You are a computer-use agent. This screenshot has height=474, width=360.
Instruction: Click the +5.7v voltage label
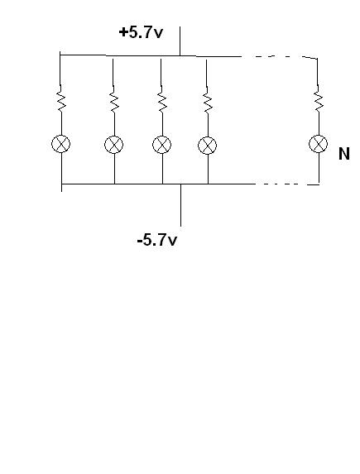tap(141, 32)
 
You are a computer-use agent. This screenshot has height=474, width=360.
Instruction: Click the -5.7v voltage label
tap(157, 241)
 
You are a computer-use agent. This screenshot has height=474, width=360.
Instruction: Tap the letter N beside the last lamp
tap(344, 154)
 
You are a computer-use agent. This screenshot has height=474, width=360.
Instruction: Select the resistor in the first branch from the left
tap(61, 98)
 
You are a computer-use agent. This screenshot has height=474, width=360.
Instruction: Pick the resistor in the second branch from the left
tap(114, 99)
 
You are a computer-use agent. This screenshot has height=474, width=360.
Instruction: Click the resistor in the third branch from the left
tap(162, 99)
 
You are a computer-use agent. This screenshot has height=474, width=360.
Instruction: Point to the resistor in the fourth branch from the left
tap(207, 100)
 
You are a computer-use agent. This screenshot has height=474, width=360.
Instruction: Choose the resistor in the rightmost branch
tap(319, 98)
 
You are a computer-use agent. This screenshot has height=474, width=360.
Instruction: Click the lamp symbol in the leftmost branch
tap(60, 144)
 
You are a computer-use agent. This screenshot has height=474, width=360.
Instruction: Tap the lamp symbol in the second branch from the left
tap(113, 145)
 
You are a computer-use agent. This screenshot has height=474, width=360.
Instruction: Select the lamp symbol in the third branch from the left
tap(162, 145)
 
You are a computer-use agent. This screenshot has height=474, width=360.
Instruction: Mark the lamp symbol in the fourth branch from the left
tap(207, 146)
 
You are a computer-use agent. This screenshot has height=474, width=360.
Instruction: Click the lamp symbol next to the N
tap(319, 144)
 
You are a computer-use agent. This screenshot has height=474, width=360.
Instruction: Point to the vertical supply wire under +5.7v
tap(180, 41)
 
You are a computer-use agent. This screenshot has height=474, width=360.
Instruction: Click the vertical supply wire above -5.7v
tap(181, 205)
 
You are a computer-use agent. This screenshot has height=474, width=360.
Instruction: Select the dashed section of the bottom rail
tap(287, 184)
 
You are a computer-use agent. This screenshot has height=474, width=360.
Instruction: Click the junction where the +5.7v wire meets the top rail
tap(180, 56)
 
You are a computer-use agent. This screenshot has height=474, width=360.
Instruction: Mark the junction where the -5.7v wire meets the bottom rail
tap(181, 184)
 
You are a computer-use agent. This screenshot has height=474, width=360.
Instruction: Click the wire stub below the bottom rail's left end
tap(62, 188)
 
